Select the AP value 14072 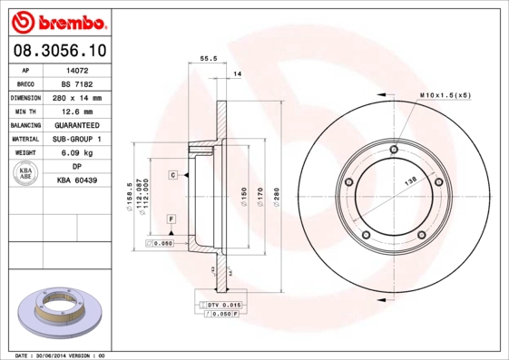[x=75, y=69]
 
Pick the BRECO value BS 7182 [x=77, y=83]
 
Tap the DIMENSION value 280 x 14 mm [x=77, y=97]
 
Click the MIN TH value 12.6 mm [x=77, y=111]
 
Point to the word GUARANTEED [x=77, y=125]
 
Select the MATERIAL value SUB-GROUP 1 [x=77, y=139]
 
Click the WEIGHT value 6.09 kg [x=77, y=153]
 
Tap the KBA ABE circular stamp [x=24, y=173]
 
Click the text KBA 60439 [x=77, y=181]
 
